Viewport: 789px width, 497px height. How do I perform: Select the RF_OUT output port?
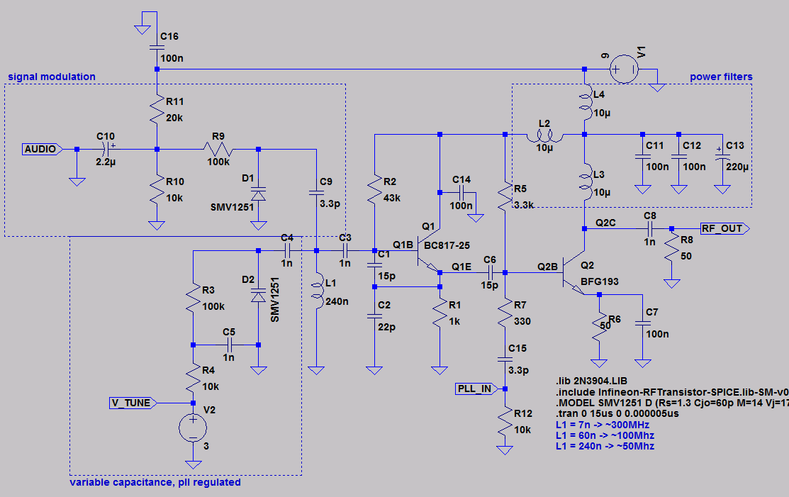tap(724, 228)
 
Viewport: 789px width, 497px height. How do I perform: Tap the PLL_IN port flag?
tap(476, 389)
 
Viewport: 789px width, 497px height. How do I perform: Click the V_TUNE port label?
tap(133, 403)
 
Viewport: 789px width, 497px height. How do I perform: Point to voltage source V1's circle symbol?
tap(624, 69)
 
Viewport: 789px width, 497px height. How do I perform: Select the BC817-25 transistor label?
tap(447, 245)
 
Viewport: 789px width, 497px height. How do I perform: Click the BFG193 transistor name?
tap(599, 281)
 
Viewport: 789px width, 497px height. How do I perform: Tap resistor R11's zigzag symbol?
tap(157, 109)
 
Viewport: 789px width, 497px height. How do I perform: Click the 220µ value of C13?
tap(737, 167)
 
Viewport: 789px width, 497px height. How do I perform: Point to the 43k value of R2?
tap(392, 199)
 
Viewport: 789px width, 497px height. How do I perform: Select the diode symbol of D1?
tap(258, 194)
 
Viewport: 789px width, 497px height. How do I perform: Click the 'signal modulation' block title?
tap(52, 77)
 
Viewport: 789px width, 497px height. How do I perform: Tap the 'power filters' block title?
tap(721, 77)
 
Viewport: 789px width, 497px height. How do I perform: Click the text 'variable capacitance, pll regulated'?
tap(155, 482)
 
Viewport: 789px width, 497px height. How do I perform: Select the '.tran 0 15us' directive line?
tap(617, 413)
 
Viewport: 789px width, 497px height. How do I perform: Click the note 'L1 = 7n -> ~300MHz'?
tap(603, 425)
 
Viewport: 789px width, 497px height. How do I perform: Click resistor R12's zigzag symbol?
tap(505, 420)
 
